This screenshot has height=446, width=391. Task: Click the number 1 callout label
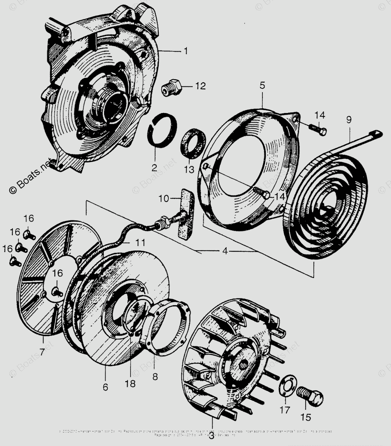[185, 51]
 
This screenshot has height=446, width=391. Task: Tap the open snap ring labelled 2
[162, 132]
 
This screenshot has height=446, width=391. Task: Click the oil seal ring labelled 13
[192, 143]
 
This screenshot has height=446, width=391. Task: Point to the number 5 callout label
[262, 85]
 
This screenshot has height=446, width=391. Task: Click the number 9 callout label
[348, 120]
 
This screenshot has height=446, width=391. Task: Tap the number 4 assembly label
[224, 251]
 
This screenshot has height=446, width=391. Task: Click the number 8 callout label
[155, 376]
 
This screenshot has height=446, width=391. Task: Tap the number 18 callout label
[130, 384]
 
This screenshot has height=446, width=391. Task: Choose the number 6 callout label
[105, 387]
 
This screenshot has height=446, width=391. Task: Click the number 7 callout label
[42, 351]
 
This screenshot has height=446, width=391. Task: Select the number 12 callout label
[200, 86]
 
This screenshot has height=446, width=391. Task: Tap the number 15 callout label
[306, 417]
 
